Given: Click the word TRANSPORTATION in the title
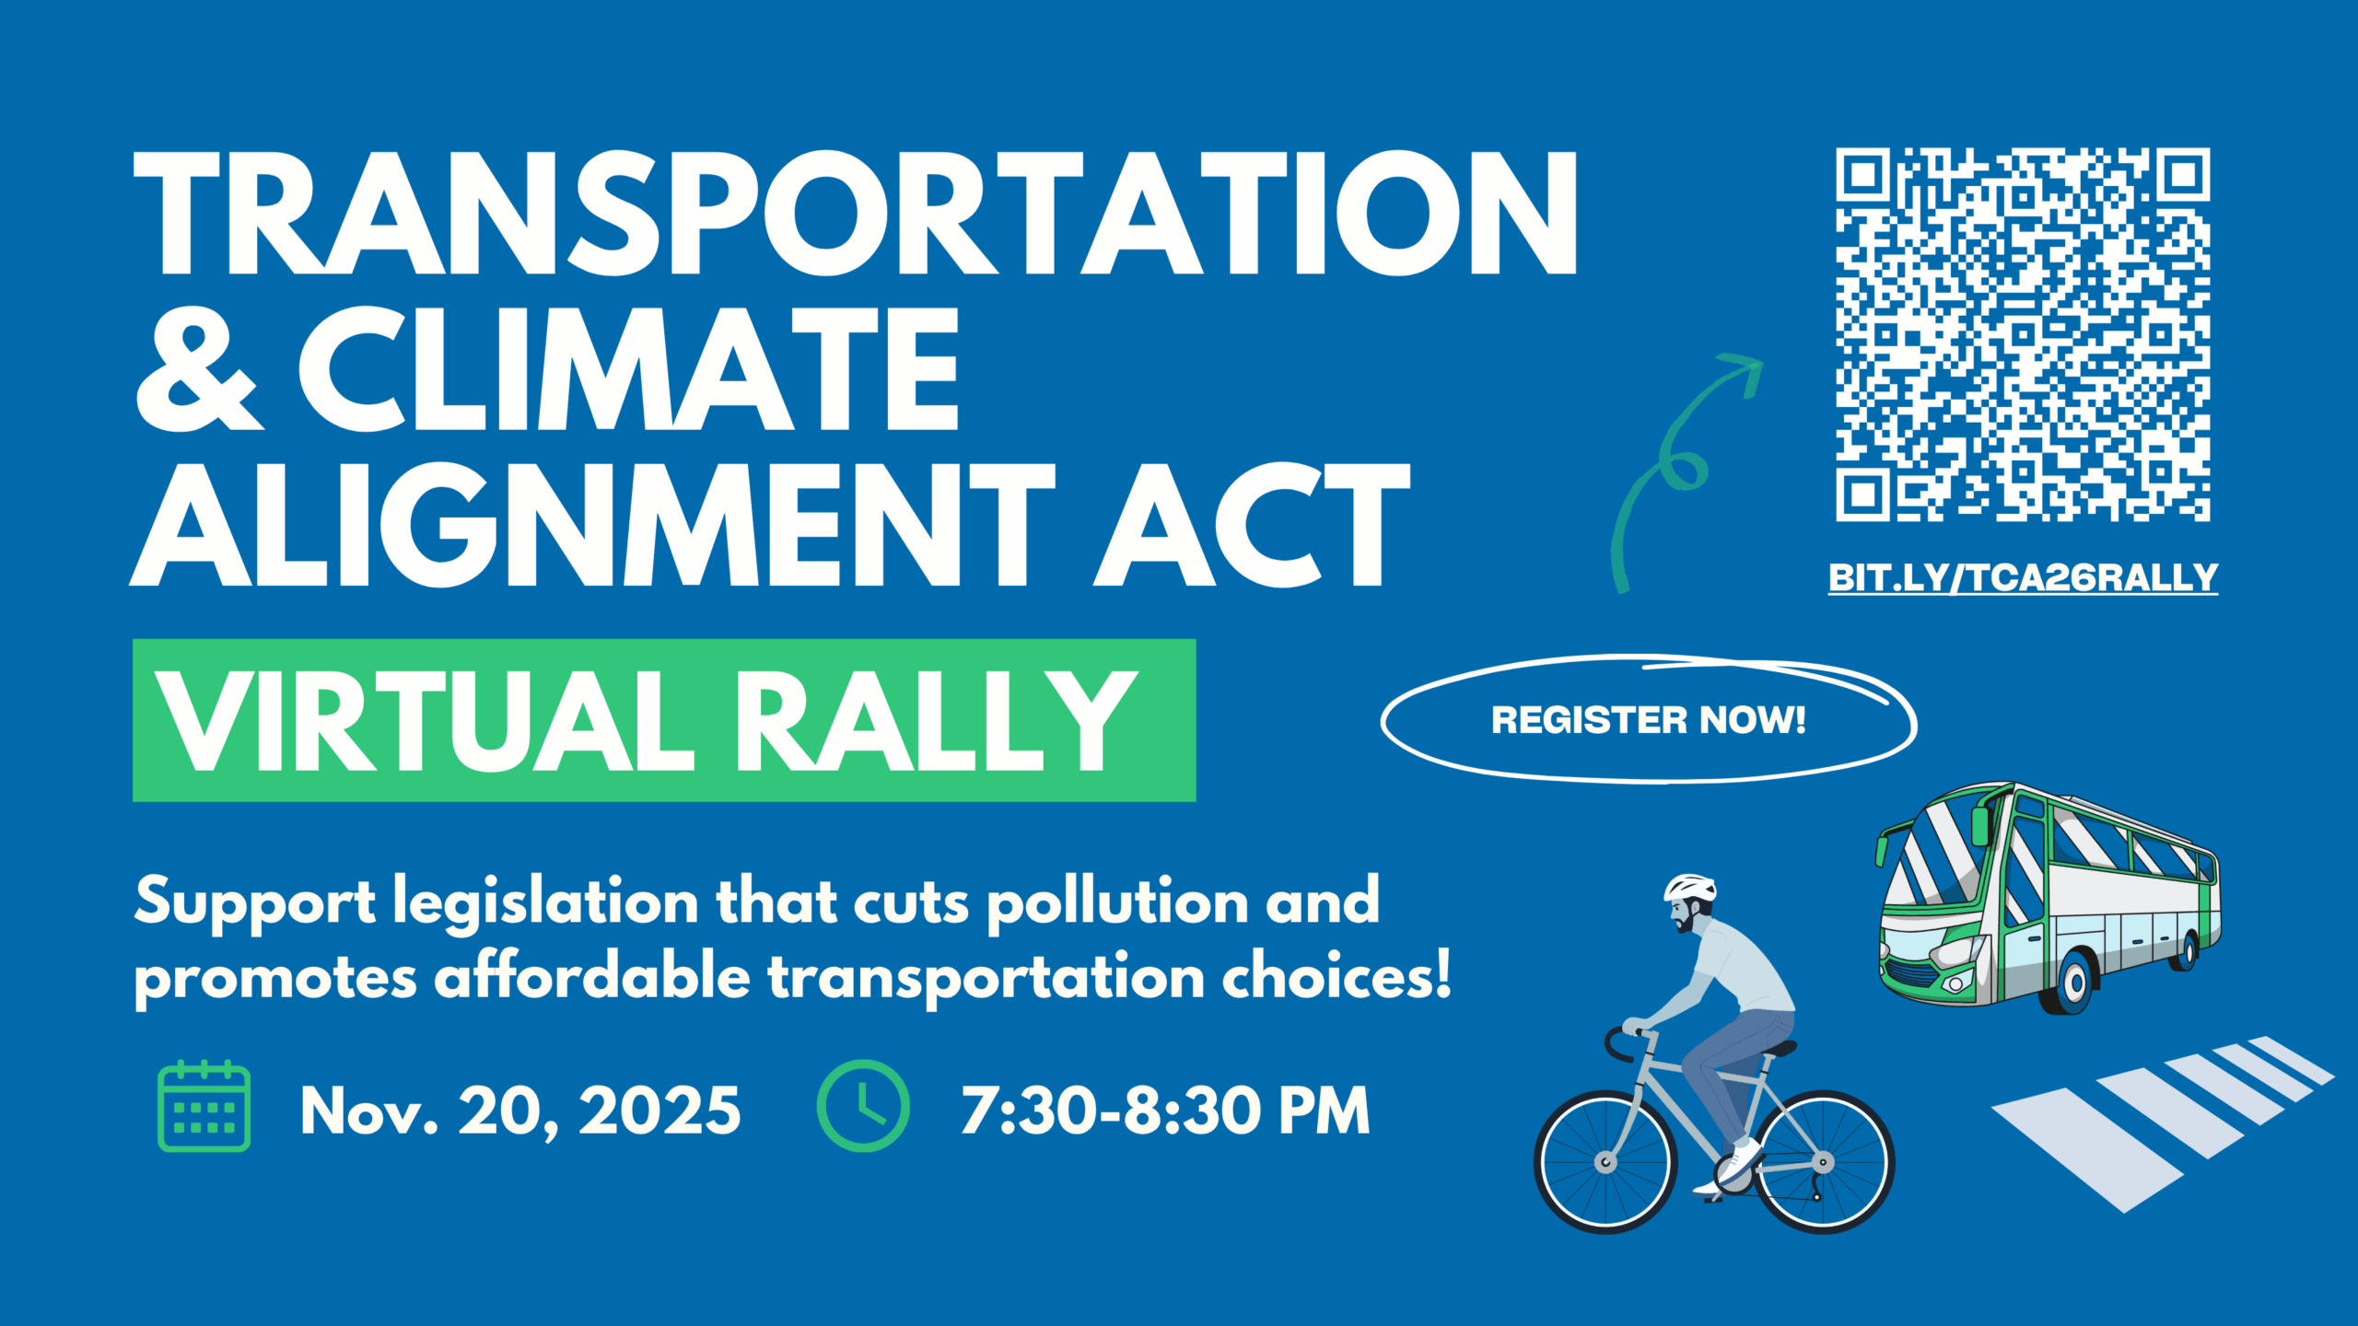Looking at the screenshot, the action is click(856, 213).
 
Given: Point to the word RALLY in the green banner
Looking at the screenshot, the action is click(936, 720).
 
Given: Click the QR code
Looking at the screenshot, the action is click(2023, 334).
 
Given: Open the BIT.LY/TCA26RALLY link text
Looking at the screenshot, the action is click(2023, 577).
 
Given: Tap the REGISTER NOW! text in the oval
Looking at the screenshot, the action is click(1648, 720).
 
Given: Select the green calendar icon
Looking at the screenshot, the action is click(204, 1106).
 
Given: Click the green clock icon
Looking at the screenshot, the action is click(863, 1106).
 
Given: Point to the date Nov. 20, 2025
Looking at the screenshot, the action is click(520, 1111).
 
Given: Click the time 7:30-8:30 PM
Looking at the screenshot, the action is click(1165, 1111).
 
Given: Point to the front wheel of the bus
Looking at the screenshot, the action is click(2074, 982).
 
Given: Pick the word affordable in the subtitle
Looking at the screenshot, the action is click(592, 976).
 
